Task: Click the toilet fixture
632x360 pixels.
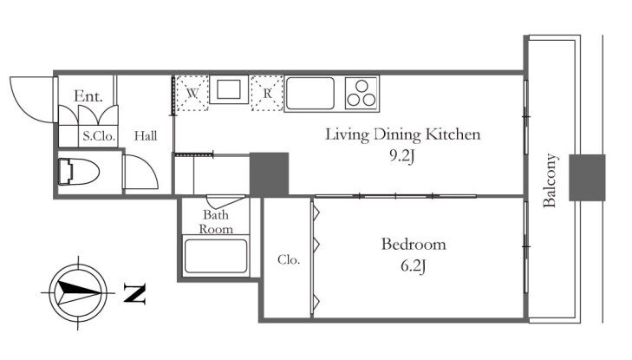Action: tap(78, 172)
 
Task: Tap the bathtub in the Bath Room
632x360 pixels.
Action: tap(216, 257)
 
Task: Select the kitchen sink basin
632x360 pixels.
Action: tap(309, 93)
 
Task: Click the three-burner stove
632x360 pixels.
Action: tap(362, 93)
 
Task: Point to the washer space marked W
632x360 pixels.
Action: tap(192, 93)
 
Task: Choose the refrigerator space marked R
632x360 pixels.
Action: tap(267, 93)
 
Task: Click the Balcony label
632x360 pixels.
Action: tap(550, 180)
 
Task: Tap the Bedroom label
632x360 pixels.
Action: tap(414, 245)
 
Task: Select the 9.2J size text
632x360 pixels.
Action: tap(402, 156)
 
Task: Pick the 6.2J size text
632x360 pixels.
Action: tap(414, 266)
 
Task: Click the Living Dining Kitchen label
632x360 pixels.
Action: tap(402, 134)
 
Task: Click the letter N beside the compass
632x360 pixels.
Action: tap(134, 293)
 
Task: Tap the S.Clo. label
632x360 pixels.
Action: tap(99, 136)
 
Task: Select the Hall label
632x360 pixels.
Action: tap(146, 136)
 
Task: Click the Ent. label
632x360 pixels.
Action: tap(88, 96)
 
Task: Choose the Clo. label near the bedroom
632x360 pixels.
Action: tap(289, 259)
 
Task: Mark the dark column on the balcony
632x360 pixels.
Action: tap(587, 177)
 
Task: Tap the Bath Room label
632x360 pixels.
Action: tap(216, 222)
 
